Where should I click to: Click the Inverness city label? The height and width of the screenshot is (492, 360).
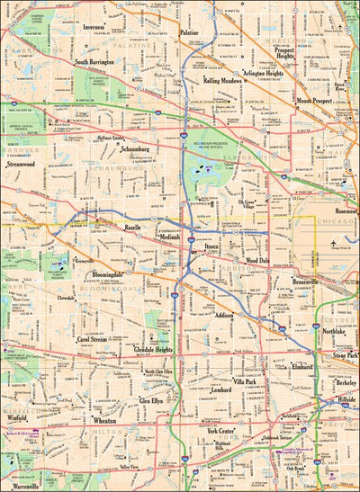(x=94, y=27)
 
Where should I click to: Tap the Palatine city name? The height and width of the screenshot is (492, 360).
(x=189, y=31)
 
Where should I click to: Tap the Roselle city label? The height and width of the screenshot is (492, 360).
(x=137, y=228)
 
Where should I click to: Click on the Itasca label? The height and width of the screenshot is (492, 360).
(x=211, y=245)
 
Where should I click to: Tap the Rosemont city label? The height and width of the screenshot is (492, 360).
(x=346, y=210)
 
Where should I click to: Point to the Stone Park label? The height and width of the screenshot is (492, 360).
(x=345, y=356)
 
